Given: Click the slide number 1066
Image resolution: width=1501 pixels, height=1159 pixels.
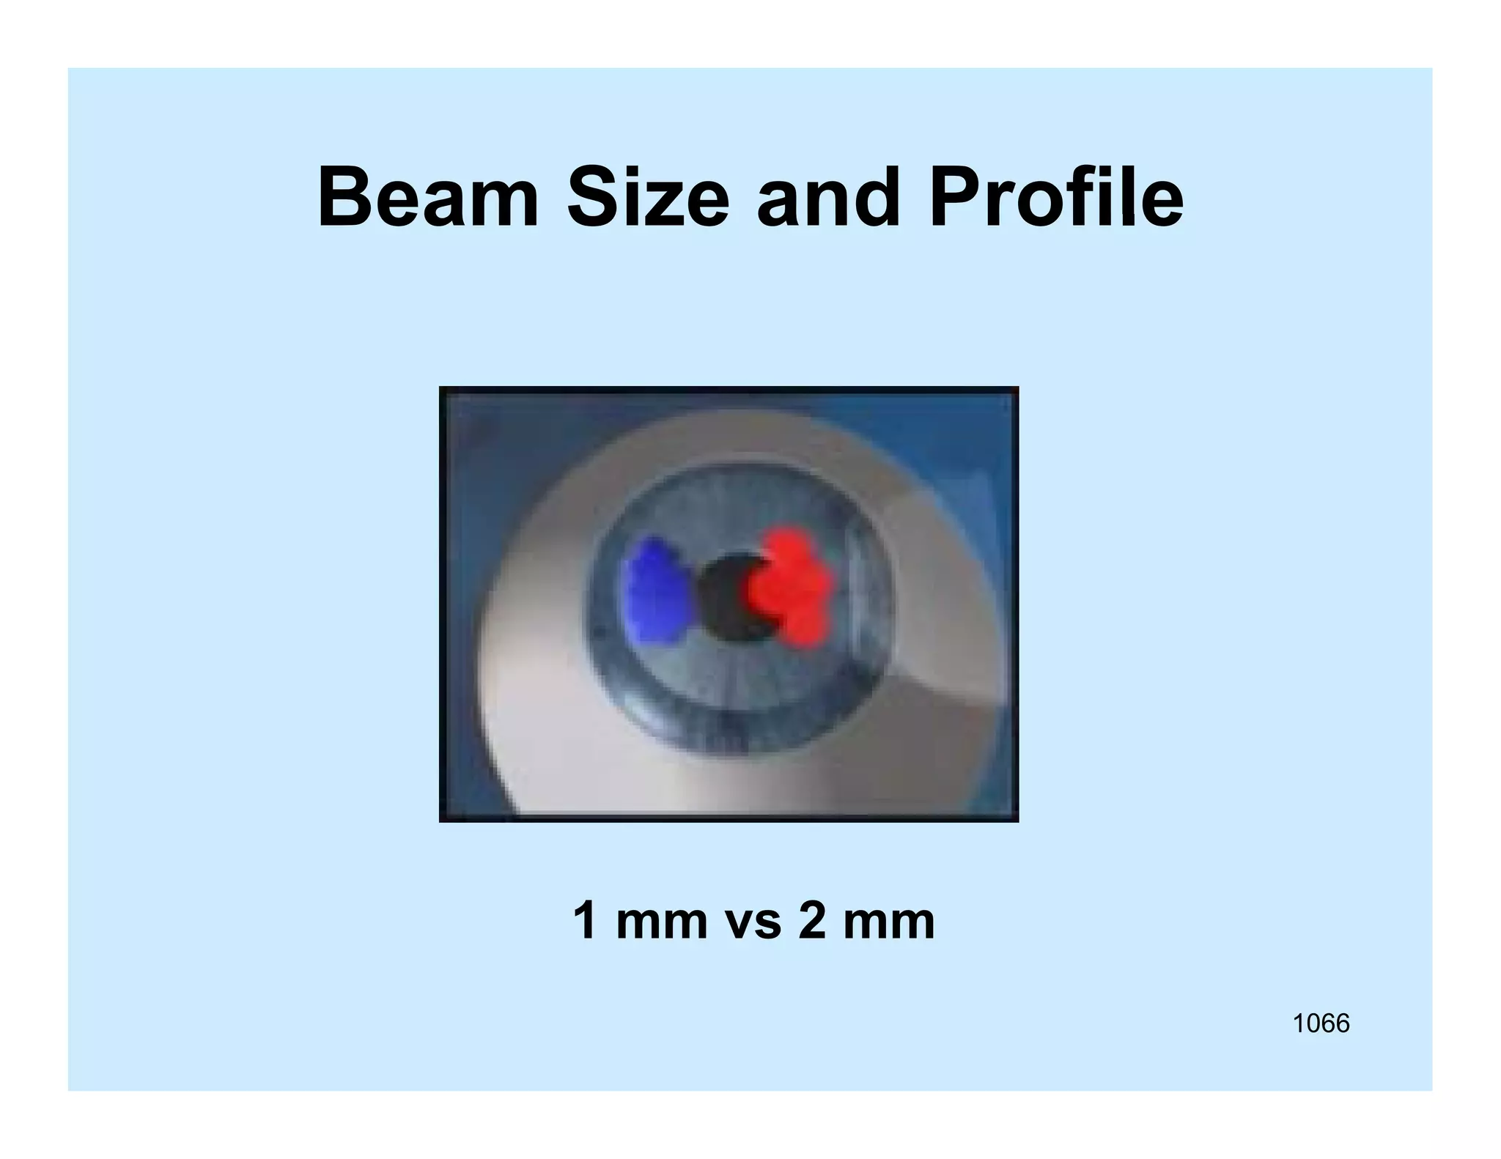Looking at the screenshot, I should coord(1321,1023).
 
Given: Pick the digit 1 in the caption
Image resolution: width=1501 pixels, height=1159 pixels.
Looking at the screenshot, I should coord(585,921).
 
